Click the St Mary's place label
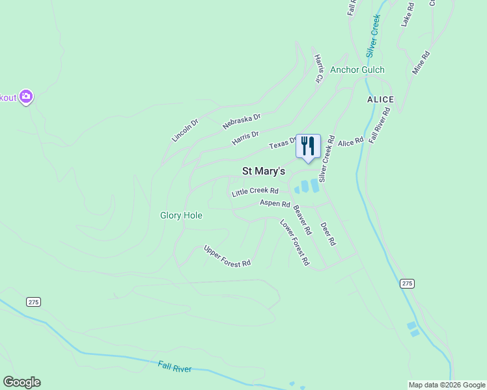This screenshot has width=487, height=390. [264, 172]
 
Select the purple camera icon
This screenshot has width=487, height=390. [26, 97]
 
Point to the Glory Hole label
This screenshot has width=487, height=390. [181, 215]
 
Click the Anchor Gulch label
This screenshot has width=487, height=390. [357, 70]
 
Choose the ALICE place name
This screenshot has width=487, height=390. [380, 99]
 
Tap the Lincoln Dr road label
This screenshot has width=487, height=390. [185, 130]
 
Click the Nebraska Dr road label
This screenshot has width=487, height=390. [242, 121]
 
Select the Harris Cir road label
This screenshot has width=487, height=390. [319, 68]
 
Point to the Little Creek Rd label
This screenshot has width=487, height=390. [255, 192]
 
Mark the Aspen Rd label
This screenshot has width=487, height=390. [275, 203]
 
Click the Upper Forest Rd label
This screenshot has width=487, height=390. [227, 255]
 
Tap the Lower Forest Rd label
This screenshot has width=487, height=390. [294, 243]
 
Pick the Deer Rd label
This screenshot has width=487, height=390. [328, 234]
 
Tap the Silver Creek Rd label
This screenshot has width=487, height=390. [326, 158]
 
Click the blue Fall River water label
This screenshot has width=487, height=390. [174, 367]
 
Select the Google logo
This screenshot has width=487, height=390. [21, 382]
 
